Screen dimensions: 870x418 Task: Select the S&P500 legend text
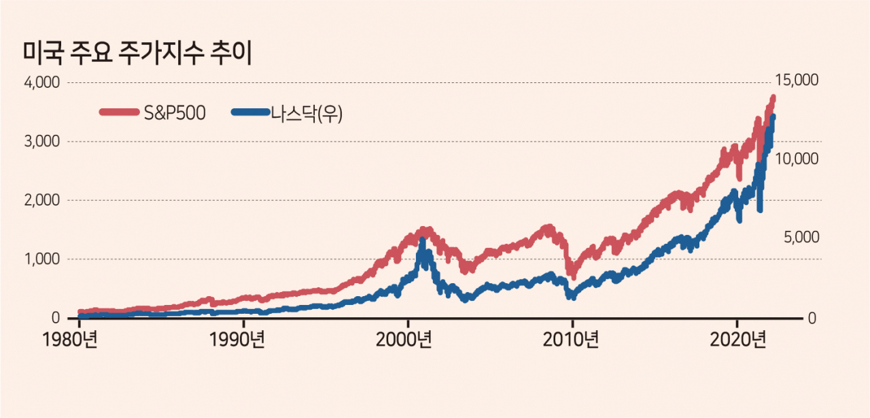[x=175, y=113]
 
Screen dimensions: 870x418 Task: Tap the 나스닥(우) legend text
[x=307, y=114]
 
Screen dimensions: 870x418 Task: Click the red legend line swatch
[x=119, y=112]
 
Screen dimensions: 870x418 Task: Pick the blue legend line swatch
[x=251, y=112]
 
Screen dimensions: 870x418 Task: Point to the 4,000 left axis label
[x=42, y=82]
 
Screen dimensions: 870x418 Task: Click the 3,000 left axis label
[x=42, y=142]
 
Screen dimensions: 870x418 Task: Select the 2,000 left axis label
[x=42, y=200]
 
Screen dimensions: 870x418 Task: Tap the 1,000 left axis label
[x=42, y=259]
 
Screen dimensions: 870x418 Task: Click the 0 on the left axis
[x=56, y=318]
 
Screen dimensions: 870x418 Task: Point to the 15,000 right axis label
[x=797, y=80]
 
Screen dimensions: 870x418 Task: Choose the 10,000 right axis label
[x=797, y=159]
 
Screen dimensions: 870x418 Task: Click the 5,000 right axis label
[x=801, y=237]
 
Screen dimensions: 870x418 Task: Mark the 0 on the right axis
[x=812, y=319]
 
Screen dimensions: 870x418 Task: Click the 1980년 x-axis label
[x=70, y=340]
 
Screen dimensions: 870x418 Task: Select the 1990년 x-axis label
[x=237, y=340]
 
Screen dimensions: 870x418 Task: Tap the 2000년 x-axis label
[x=404, y=340]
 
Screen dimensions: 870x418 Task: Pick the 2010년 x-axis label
[x=570, y=340]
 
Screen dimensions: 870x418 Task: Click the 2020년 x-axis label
[x=738, y=340]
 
